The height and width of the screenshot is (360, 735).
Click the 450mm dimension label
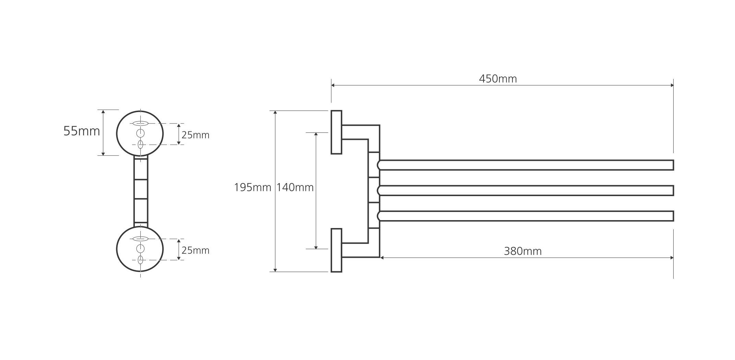point(498,79)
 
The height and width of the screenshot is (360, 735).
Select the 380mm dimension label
point(522,251)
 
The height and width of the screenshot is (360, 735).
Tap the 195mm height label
point(252,188)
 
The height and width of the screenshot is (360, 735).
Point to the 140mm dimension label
point(295,188)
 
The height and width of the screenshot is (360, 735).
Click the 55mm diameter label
point(82,131)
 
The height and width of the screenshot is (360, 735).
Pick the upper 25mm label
point(195,135)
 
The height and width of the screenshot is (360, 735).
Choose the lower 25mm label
point(195,251)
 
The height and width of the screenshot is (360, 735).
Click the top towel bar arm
point(525,165)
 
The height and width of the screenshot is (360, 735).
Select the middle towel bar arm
point(525,191)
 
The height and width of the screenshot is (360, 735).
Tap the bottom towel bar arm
point(525,216)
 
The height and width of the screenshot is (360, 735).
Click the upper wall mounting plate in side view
point(336,132)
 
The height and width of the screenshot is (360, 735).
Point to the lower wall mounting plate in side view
point(336,250)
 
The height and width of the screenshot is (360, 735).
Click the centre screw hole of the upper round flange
point(140,133)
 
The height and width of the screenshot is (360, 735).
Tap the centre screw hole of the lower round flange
point(140,249)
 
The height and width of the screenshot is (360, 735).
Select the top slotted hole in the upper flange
point(140,123)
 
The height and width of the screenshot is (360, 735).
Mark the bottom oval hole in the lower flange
point(140,260)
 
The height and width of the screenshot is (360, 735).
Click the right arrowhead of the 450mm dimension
point(672,85)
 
